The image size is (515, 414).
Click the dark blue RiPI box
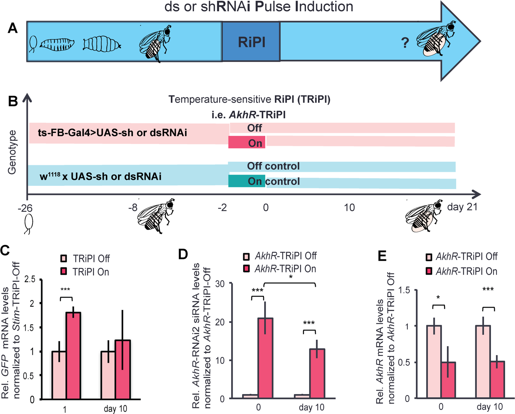251,42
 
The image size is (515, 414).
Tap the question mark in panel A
405,43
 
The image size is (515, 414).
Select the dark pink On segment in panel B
247,143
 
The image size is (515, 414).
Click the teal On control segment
247,181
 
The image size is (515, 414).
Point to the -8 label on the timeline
133,207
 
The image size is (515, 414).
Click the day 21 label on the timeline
462,207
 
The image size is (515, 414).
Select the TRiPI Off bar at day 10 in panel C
108,375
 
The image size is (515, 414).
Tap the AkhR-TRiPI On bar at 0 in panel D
265,358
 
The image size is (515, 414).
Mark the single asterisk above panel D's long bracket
291,277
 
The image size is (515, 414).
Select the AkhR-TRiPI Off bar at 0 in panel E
434,362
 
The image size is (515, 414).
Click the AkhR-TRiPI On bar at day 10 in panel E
497,380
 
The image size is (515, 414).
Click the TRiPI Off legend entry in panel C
85,259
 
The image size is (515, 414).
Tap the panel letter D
183,254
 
